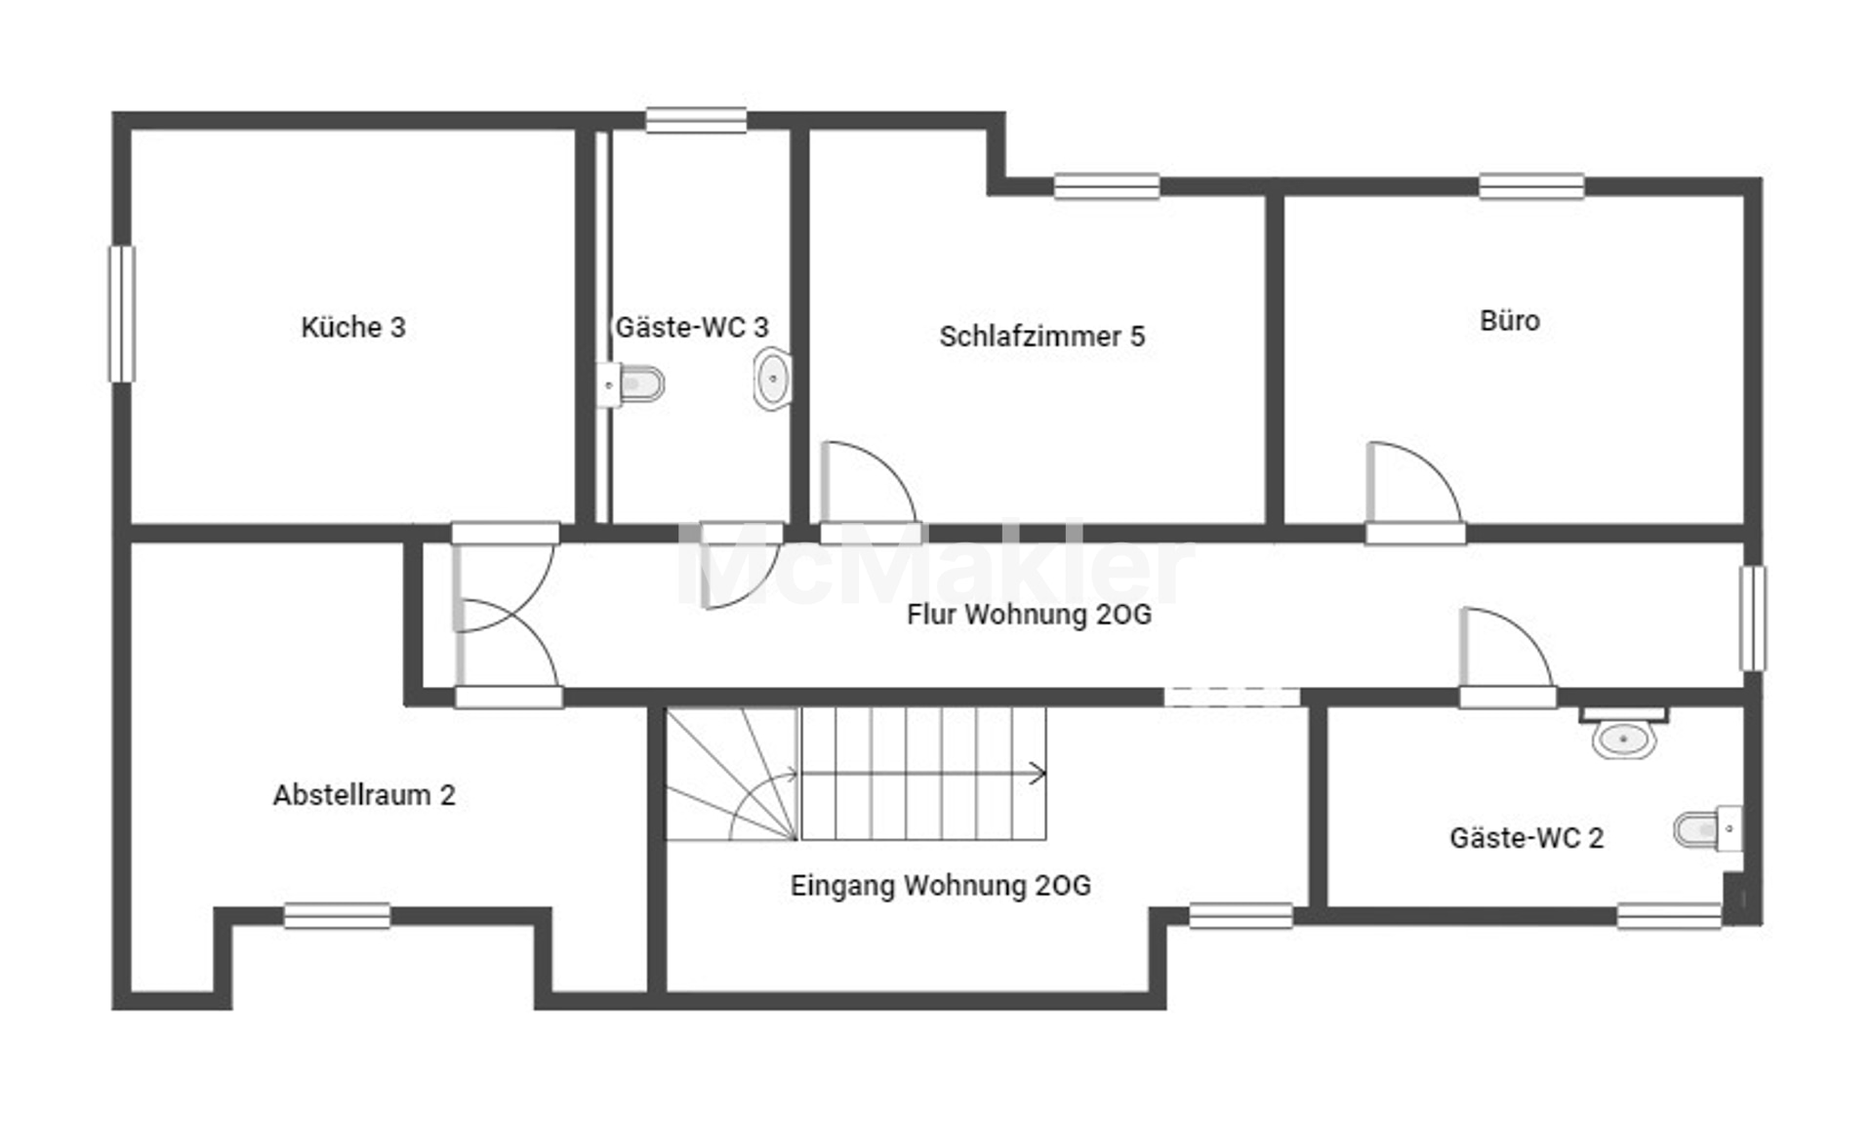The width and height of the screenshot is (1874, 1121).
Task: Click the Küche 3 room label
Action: [352, 327]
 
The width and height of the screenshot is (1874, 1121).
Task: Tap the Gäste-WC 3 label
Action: [691, 327]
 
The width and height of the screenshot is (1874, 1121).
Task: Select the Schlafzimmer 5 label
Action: [1041, 337]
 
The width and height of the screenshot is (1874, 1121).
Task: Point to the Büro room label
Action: [1509, 320]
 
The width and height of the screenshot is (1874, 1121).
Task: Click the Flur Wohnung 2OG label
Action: [1029, 615]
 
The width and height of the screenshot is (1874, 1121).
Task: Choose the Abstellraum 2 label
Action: [364, 795]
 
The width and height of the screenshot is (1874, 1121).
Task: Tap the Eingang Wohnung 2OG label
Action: [940, 886]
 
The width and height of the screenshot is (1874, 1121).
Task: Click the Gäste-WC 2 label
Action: [1526, 838]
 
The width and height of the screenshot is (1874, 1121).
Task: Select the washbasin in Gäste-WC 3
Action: [772, 379]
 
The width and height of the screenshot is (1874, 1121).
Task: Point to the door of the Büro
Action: [1413, 486]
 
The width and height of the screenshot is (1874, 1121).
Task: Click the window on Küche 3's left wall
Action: [122, 313]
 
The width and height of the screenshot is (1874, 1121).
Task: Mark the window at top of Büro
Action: [1531, 186]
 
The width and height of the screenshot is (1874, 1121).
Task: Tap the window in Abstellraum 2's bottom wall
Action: [337, 916]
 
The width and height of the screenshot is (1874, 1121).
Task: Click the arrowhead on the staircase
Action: [1039, 774]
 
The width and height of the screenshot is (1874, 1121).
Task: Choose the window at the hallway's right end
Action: [1753, 619]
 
